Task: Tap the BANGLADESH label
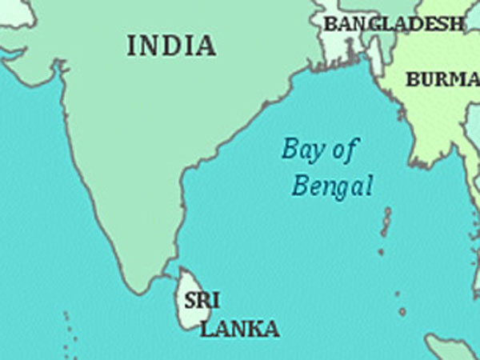click(x=394, y=24)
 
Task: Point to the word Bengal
click(x=332, y=187)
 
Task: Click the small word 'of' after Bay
click(x=346, y=148)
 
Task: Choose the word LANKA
click(x=239, y=328)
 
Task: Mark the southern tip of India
click(x=145, y=291)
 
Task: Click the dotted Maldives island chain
click(x=68, y=332)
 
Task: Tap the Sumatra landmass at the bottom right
click(x=452, y=348)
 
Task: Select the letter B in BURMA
click(x=413, y=79)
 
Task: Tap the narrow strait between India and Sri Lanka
click(x=170, y=276)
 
